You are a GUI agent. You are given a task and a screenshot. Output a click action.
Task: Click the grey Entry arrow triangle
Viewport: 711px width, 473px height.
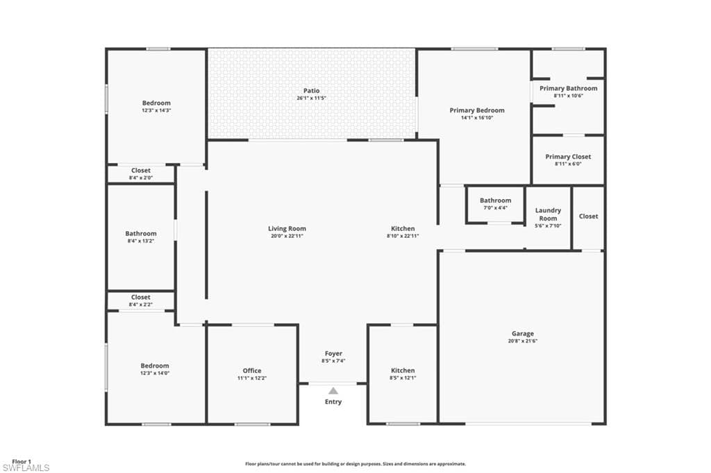[333, 390]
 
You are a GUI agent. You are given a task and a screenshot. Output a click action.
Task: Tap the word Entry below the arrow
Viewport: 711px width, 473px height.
[333, 402]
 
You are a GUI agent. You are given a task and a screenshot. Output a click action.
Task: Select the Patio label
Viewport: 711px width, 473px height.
[312, 91]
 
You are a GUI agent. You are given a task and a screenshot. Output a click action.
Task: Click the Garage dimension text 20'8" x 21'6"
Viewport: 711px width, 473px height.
[523, 341]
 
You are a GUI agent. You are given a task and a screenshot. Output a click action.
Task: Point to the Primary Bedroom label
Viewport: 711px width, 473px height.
[477, 110]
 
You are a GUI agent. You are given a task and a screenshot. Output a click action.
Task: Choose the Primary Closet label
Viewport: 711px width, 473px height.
[568, 157]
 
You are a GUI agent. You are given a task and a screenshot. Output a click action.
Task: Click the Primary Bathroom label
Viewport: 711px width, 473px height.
[569, 88]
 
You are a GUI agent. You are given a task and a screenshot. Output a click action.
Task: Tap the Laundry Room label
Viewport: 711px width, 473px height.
[549, 214]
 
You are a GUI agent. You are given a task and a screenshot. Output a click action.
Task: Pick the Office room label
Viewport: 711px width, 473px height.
[252, 370]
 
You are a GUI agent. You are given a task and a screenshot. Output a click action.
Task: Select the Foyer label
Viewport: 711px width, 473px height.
[334, 354]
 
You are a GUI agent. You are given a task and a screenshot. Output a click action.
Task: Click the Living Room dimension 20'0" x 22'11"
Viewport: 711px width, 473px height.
[287, 236]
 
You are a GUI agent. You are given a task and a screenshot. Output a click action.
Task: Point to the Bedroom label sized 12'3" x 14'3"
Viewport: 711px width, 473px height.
[156, 103]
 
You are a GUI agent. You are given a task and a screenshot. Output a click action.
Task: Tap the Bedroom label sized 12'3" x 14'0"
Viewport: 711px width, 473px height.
[155, 365]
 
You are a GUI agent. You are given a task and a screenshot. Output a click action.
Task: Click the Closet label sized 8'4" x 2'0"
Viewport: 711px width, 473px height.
[141, 171]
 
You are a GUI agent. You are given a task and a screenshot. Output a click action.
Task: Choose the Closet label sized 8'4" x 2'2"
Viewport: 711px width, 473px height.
[140, 298]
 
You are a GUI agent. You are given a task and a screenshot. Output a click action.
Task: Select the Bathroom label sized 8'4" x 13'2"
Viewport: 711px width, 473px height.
[141, 233]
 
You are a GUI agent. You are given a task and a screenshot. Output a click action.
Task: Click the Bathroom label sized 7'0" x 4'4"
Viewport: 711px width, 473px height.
[496, 200]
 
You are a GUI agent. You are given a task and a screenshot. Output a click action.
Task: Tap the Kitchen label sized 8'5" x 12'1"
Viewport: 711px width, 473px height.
[403, 370]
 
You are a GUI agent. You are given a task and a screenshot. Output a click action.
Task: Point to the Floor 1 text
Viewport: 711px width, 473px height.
[22, 462]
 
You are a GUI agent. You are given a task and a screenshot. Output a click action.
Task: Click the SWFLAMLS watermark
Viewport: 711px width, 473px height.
[26, 468]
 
